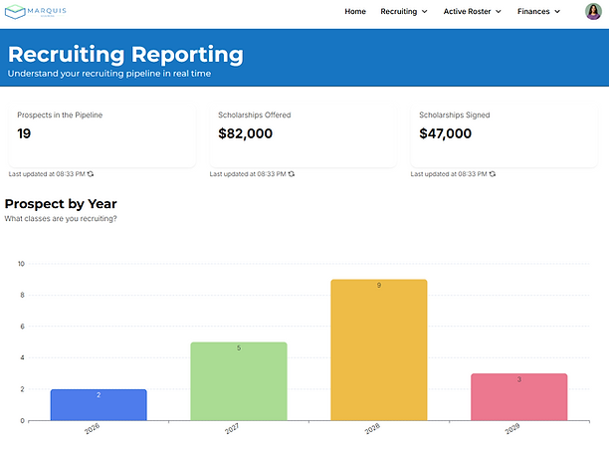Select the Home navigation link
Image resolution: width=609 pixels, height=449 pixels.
click(355, 12)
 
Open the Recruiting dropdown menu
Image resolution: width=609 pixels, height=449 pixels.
click(404, 12)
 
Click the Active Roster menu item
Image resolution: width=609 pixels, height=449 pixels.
click(472, 12)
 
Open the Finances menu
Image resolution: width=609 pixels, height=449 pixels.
click(538, 12)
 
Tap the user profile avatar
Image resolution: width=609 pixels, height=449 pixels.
click(593, 12)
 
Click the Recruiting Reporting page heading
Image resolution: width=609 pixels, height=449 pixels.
click(125, 54)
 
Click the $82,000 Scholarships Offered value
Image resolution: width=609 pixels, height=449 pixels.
click(245, 133)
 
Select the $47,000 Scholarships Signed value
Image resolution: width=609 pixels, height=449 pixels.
click(446, 133)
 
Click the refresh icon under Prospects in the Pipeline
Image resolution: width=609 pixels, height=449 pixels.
click(91, 174)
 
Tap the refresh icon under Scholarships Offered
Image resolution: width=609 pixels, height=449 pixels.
click(292, 174)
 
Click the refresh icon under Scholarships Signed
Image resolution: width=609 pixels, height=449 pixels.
click(493, 174)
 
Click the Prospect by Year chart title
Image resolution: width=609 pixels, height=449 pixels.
click(61, 204)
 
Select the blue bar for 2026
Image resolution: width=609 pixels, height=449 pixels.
click(99, 405)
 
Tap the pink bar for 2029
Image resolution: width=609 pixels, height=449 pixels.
click(518, 397)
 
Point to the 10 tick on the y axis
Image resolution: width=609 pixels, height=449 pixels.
click(21, 264)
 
